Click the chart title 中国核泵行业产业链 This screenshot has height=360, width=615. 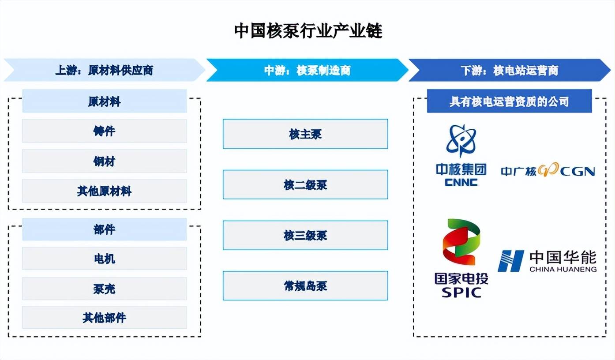click(x=307, y=31)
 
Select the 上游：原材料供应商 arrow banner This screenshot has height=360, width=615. click(x=104, y=70)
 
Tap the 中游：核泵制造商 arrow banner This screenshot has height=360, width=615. click(x=307, y=70)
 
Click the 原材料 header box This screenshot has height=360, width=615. click(x=104, y=101)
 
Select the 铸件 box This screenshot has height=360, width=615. click(x=104, y=131)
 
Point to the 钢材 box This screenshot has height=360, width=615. click(x=104, y=161)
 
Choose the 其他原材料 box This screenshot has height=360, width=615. click(x=104, y=191)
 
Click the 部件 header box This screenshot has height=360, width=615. click(x=104, y=229)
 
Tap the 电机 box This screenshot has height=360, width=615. click(x=104, y=259)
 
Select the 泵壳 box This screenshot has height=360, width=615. click(x=104, y=289)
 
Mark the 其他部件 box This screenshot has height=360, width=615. click(x=104, y=318)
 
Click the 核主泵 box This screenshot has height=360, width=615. click(x=305, y=134)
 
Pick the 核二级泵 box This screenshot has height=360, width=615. click(x=305, y=184)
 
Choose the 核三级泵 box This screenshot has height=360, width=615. click(x=305, y=235)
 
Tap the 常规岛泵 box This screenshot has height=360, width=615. click(x=305, y=286)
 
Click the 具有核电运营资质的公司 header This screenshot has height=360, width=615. click(x=509, y=101)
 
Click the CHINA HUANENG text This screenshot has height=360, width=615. click(x=562, y=269)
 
